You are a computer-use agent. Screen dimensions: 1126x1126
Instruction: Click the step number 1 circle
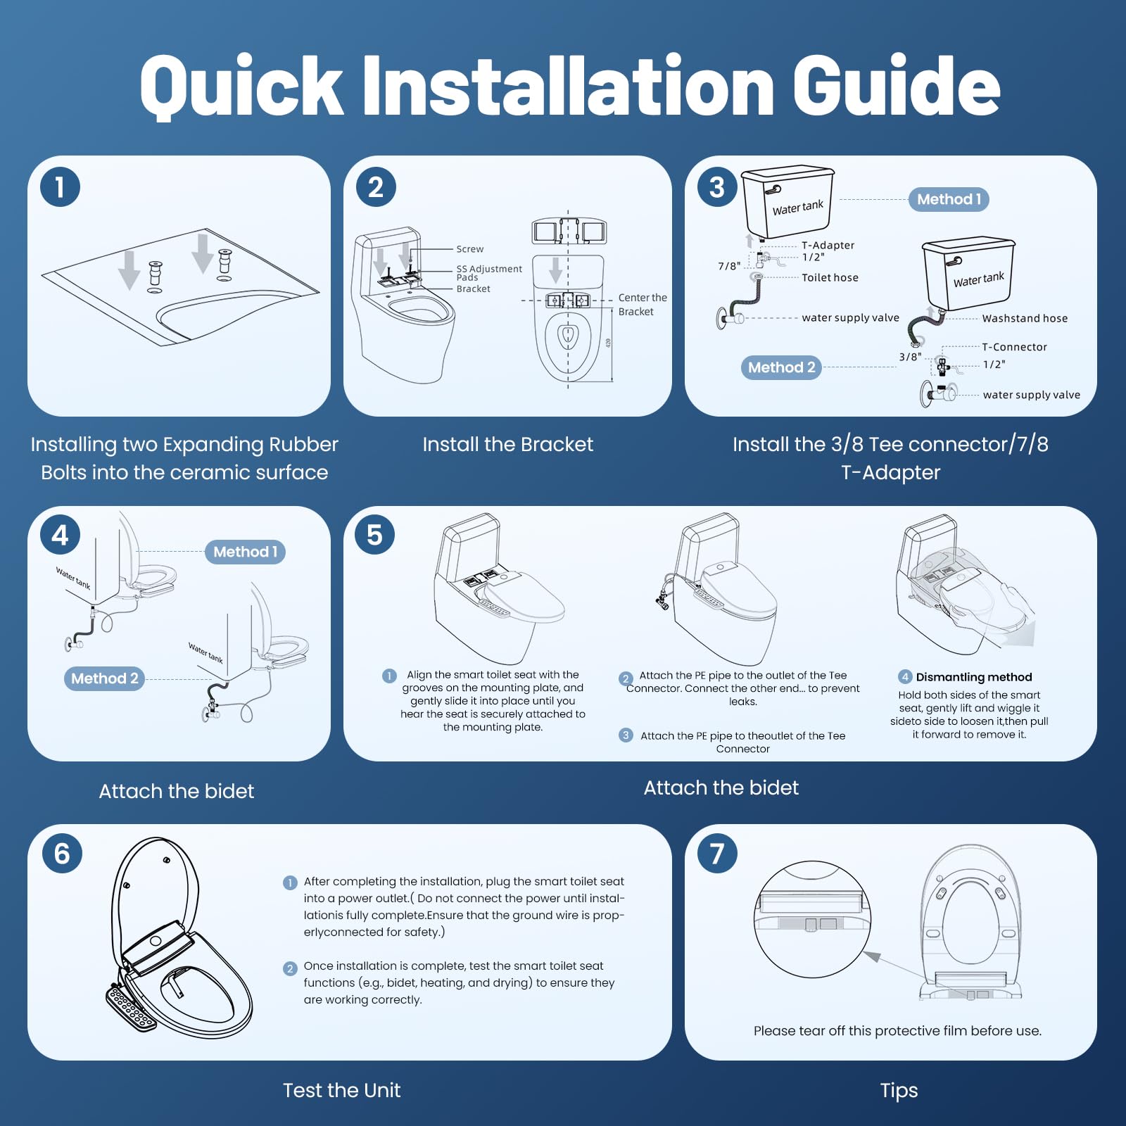(x=60, y=187)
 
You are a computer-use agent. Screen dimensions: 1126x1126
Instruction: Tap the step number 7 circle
(x=717, y=853)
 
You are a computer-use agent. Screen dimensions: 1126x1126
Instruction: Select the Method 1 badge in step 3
(x=949, y=199)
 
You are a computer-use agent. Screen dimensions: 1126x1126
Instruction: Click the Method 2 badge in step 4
(x=104, y=678)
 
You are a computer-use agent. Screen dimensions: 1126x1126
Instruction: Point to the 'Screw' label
(x=469, y=249)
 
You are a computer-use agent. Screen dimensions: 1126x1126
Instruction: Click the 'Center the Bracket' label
(x=643, y=305)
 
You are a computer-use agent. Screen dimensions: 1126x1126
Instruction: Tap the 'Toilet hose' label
(x=830, y=277)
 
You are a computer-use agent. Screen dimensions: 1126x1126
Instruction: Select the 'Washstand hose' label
(x=1025, y=318)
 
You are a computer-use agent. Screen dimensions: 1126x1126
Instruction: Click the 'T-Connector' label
(x=1014, y=347)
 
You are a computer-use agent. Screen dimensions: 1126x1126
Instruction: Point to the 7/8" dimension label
(x=729, y=266)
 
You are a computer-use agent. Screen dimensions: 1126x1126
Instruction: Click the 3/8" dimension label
(x=910, y=357)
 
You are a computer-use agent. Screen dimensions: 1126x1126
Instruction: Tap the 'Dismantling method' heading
(x=973, y=677)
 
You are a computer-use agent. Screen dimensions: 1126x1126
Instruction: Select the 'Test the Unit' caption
(x=341, y=1090)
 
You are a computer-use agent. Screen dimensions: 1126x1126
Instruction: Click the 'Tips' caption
(x=899, y=1091)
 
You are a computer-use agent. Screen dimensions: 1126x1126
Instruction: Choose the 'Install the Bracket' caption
(x=507, y=444)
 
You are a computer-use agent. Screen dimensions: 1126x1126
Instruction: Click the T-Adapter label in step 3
(x=828, y=245)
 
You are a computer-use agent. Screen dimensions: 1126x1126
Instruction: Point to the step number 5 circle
(x=374, y=535)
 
